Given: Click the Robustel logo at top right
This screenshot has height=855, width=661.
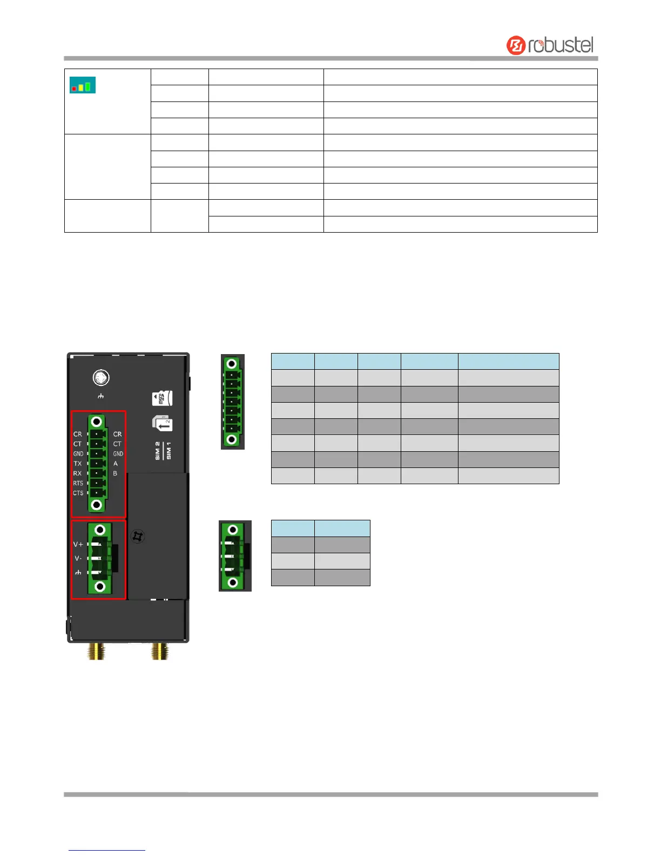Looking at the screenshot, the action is (x=550, y=45).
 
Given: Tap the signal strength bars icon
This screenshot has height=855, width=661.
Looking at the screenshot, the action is (x=83, y=85).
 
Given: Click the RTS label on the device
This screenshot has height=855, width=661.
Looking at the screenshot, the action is (x=78, y=483).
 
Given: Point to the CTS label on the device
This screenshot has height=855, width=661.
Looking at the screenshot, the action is (x=78, y=493).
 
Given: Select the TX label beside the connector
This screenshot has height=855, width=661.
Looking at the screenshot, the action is (x=78, y=464).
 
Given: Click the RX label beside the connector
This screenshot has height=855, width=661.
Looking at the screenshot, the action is (x=78, y=473).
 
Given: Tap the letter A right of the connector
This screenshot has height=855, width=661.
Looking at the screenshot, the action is (x=116, y=464).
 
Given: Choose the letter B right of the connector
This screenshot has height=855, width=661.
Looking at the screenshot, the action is (x=115, y=473).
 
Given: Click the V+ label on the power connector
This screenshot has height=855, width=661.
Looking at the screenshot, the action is (x=78, y=544).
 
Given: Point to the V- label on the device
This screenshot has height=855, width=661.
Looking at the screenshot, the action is (x=78, y=558).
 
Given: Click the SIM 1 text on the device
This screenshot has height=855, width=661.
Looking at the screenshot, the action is (x=169, y=451).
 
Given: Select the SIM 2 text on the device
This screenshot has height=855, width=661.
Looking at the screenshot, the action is (x=158, y=451).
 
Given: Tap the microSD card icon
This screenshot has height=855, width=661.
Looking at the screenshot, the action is (x=163, y=399).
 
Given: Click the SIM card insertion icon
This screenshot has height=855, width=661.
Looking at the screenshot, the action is (x=162, y=423).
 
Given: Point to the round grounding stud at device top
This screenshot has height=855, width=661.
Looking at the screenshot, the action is (x=101, y=378).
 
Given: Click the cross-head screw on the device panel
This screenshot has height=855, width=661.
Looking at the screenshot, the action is (x=138, y=537).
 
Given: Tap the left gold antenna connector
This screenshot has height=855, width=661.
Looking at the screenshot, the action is (x=96, y=651).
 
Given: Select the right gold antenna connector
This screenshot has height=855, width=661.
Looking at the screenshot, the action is (x=160, y=651).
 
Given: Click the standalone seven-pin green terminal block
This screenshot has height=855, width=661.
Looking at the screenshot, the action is (x=233, y=402).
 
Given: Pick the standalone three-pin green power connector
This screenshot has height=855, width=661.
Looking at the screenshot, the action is (x=234, y=556).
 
